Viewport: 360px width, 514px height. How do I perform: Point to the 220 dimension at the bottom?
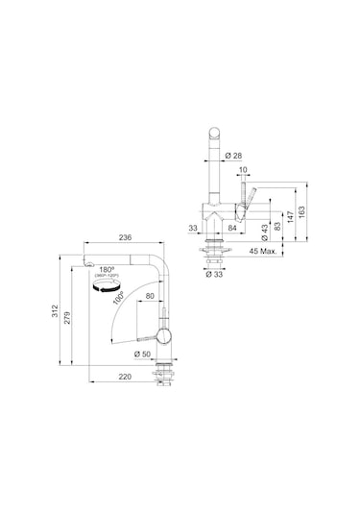pos(124,377)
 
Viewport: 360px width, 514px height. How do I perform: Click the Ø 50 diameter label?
pos(144,355)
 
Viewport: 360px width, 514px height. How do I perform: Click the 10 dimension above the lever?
pos(244,170)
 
